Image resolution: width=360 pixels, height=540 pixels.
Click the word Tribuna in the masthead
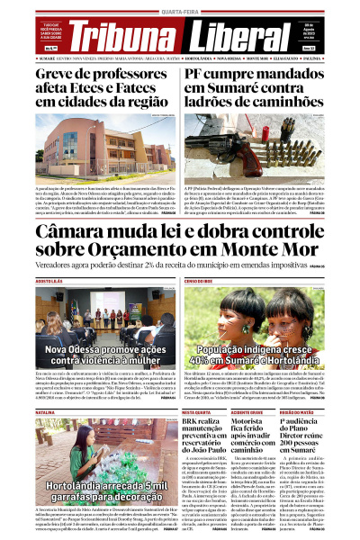pos(122,36)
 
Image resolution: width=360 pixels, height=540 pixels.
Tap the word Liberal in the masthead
pos(235,36)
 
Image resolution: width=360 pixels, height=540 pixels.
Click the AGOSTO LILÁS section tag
pos(23,282)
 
